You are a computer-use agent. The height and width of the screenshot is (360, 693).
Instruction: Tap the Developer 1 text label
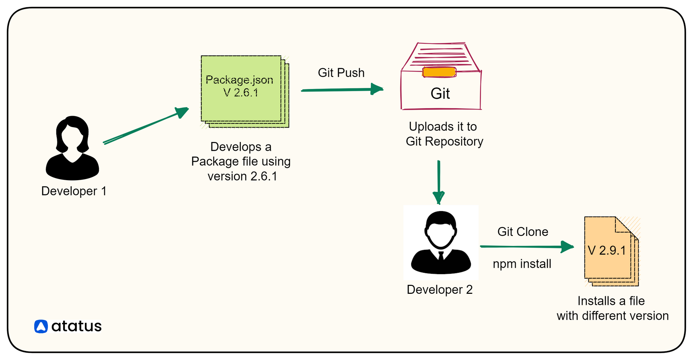[x=74, y=191]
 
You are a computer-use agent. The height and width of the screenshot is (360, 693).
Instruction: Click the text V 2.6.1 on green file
[x=241, y=93]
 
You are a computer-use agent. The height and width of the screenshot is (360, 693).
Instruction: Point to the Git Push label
[x=341, y=73]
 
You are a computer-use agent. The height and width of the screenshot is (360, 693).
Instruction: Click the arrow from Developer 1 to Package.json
[x=146, y=126]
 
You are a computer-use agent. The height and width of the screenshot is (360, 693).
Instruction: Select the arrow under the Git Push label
[x=342, y=90]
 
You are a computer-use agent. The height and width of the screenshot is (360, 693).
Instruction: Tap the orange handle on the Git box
[x=439, y=72]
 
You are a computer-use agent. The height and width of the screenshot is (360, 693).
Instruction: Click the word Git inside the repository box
[x=440, y=94]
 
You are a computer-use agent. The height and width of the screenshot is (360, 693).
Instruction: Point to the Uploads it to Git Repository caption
[x=444, y=134]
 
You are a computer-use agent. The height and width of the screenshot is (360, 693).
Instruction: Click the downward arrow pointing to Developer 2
[x=439, y=182]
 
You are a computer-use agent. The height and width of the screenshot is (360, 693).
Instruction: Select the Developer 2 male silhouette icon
[x=441, y=243]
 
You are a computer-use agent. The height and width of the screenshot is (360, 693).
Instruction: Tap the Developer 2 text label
[x=439, y=290]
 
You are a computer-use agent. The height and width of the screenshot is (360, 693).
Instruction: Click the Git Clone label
[x=523, y=232]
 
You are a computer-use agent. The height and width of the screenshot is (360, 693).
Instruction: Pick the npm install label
[x=522, y=264]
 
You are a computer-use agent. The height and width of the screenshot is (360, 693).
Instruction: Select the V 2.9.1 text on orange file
[x=607, y=251]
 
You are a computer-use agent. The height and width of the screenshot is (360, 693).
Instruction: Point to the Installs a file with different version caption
[x=612, y=308]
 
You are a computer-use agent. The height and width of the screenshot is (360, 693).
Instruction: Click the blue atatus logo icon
[x=41, y=326]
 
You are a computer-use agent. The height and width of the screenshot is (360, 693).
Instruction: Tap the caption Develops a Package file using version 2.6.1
[x=241, y=161]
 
